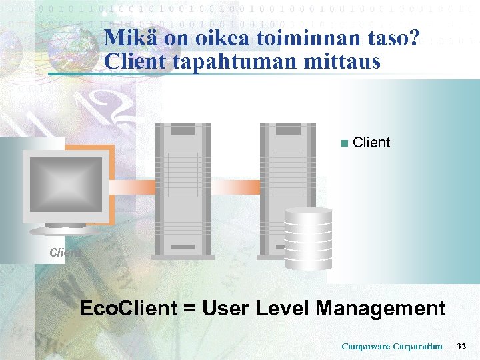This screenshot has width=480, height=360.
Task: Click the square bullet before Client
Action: (343, 143)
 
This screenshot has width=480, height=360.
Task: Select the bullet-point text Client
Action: (371, 143)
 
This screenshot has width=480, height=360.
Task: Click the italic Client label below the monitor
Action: (65, 253)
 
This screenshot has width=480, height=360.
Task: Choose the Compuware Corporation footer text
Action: (391, 346)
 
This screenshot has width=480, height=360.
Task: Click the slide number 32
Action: (461, 346)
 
